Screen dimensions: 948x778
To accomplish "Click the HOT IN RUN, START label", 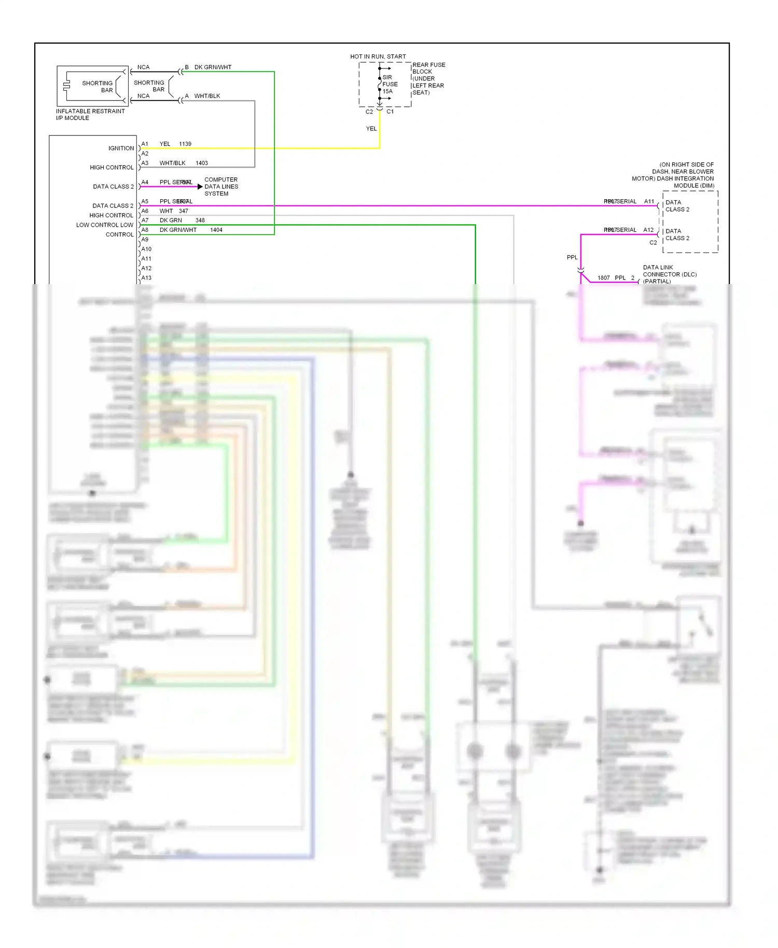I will point(378,57).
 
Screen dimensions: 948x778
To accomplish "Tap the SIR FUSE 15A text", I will point(390,84).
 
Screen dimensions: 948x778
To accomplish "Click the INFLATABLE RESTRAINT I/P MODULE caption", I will point(90,115).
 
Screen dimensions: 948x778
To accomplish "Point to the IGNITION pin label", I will point(121,148).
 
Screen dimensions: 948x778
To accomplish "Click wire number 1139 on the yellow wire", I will point(185,144).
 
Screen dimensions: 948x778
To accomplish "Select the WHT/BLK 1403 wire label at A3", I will point(183,163).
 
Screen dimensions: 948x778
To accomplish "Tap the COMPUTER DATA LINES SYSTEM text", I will point(221,187).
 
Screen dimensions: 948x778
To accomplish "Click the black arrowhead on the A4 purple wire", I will point(200,187).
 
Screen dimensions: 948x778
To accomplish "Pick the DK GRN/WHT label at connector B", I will point(213,67).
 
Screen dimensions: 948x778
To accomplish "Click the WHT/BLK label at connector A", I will point(207,96).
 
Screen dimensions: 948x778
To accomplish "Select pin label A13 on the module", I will point(146,278).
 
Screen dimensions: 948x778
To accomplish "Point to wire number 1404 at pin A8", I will point(216,230).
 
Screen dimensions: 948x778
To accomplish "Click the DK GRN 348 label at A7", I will point(182,220).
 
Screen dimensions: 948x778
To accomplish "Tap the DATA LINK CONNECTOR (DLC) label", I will point(669,274).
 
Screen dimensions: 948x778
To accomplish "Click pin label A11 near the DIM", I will point(649,201).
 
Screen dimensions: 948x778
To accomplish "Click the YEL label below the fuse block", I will point(371,129).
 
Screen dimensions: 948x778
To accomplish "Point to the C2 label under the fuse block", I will point(369,111).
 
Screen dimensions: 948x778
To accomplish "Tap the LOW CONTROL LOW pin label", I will point(105,225).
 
